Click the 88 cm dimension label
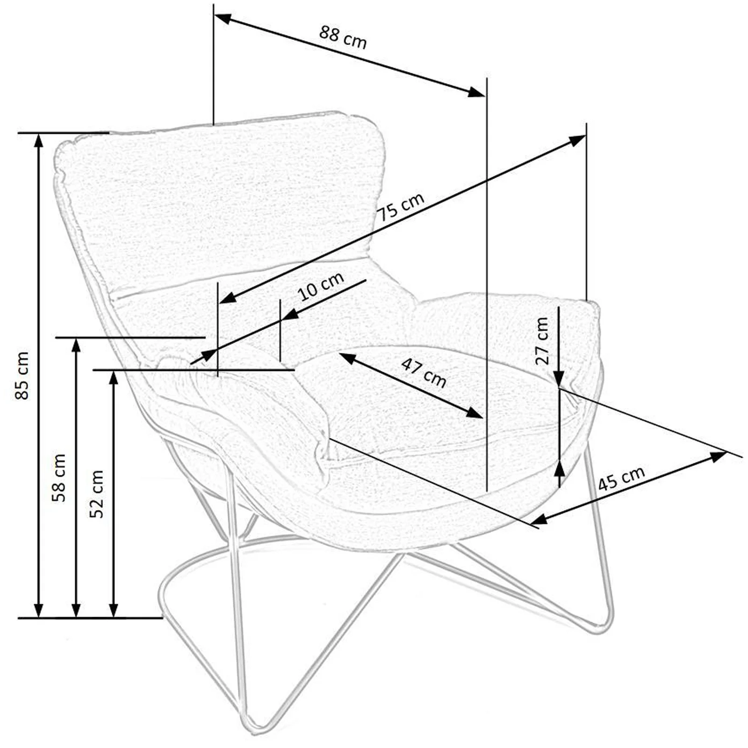click(343, 37)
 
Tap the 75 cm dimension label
click(401, 207)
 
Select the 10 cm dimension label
click(321, 286)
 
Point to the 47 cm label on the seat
click(424, 373)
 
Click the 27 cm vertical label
click(542, 341)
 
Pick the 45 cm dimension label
click(621, 478)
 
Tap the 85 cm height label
click(22, 375)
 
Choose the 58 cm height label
click(59, 478)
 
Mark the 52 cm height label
click(96, 494)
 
